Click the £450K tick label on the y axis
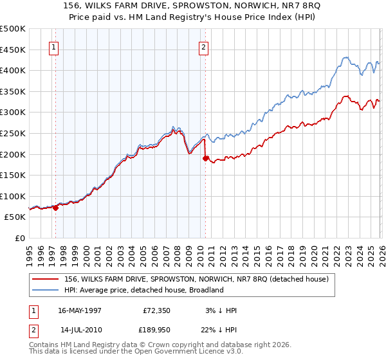coord(13,50)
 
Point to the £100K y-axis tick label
coord(13,196)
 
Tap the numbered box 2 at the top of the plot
coord(203,47)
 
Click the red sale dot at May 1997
coord(56,208)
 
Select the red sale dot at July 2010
coord(205,158)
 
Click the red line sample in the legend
coord(46,279)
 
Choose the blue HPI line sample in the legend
coord(46,290)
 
